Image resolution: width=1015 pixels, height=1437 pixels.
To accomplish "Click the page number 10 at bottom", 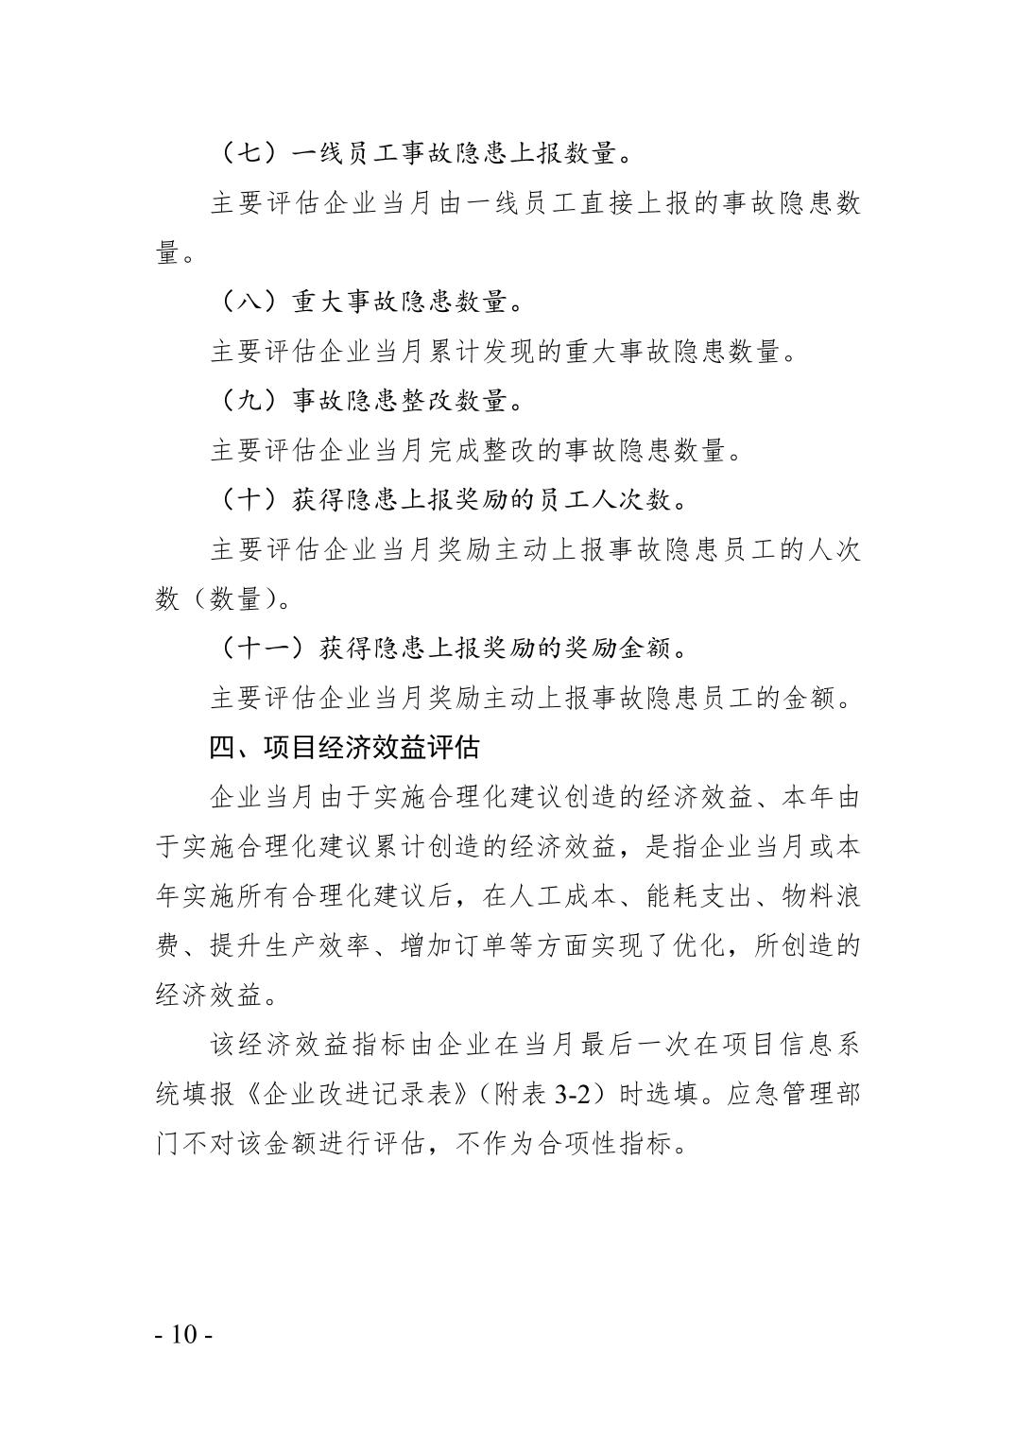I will [x=183, y=1336].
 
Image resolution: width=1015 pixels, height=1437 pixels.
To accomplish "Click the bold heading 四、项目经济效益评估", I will [x=344, y=748].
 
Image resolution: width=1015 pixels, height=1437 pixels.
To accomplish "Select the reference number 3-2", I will [x=573, y=1095].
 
